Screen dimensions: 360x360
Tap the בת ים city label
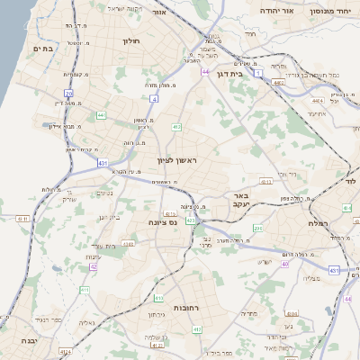coord(40,49)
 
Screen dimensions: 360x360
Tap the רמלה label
coord(318,222)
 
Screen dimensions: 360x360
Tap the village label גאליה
coord(86,322)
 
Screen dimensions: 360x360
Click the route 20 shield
coord(69,93)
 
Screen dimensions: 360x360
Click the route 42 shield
coord(93,266)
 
